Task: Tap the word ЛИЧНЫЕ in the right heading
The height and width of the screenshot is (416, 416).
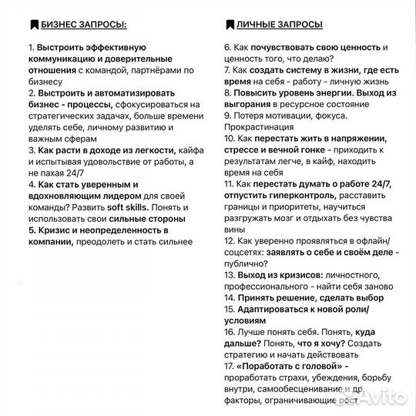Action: tap(261, 25)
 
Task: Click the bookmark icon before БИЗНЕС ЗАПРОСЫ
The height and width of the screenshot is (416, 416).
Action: tap(33, 25)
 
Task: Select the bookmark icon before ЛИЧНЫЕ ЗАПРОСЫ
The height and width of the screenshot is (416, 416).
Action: tap(230, 25)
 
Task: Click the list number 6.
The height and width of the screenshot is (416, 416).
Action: tap(228, 47)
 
